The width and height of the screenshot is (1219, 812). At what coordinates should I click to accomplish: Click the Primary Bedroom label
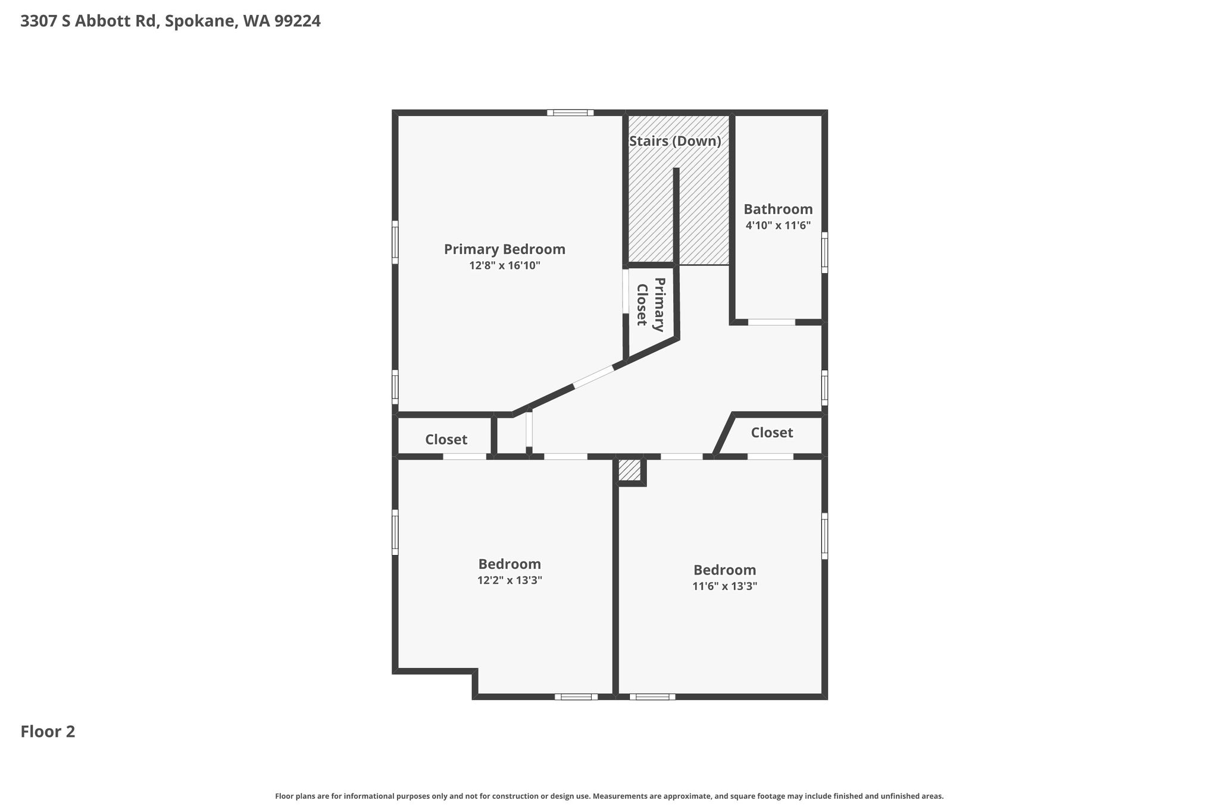click(504, 250)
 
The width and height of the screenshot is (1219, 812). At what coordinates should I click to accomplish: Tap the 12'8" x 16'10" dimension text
click(505, 265)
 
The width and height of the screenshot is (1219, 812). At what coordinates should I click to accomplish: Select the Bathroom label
click(778, 209)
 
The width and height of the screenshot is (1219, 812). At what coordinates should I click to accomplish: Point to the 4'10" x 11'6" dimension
click(778, 225)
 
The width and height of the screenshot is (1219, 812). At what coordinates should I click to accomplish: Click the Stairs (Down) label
click(675, 142)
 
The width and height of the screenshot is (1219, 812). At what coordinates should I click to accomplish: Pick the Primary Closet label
click(650, 305)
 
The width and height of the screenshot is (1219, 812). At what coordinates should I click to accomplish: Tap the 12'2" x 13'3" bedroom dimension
click(510, 580)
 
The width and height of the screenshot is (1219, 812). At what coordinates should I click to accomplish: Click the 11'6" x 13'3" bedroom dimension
click(724, 586)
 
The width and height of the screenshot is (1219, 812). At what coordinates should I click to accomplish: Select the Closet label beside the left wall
click(446, 440)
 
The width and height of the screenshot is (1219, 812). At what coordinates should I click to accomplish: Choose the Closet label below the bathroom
click(772, 432)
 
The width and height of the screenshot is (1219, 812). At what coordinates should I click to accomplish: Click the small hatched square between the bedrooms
click(630, 470)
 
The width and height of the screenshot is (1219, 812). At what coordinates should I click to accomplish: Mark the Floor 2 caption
click(48, 732)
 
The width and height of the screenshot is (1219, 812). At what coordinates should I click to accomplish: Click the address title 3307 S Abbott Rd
click(89, 21)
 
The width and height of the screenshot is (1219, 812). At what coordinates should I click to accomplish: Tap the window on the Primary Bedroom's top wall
click(570, 112)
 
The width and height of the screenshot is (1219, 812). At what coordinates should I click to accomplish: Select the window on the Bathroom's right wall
click(824, 252)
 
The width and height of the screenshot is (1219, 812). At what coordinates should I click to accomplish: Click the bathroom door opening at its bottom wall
click(771, 322)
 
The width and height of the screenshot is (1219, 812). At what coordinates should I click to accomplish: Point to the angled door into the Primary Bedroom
click(593, 377)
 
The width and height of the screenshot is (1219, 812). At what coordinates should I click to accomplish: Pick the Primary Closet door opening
click(626, 291)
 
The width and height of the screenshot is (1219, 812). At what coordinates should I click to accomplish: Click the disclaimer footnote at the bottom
click(609, 796)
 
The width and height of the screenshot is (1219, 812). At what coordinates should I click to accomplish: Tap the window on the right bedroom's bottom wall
click(652, 697)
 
